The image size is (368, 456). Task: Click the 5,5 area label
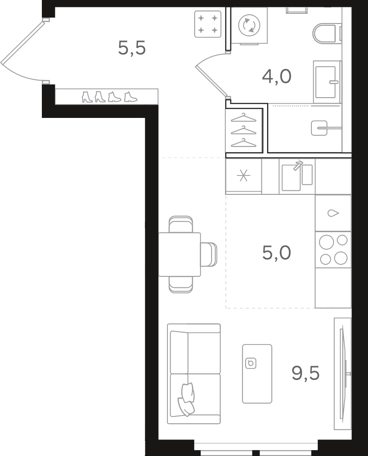pos(132,48)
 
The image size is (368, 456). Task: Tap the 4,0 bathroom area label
pos(276,77)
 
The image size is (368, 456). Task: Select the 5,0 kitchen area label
pos(276,253)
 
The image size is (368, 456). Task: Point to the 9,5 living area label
pos(305,373)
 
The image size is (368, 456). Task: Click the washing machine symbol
pos(249,25)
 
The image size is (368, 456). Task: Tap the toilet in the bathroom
pos(327,34)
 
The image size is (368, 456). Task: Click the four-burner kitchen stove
pos(333,250)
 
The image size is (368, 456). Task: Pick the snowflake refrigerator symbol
pos(243,175)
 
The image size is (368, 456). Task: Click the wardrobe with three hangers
pos(244,130)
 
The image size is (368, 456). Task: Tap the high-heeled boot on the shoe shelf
pos(87,97)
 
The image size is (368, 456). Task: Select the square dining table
pos(179,254)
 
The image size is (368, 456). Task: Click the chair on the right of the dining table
pos(209,254)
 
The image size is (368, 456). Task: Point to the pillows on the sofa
pos(187,399)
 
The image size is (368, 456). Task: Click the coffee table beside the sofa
pos(257,374)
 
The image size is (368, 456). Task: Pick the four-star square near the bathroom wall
pos(207,24)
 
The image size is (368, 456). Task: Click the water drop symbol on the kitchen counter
pos(333,213)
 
